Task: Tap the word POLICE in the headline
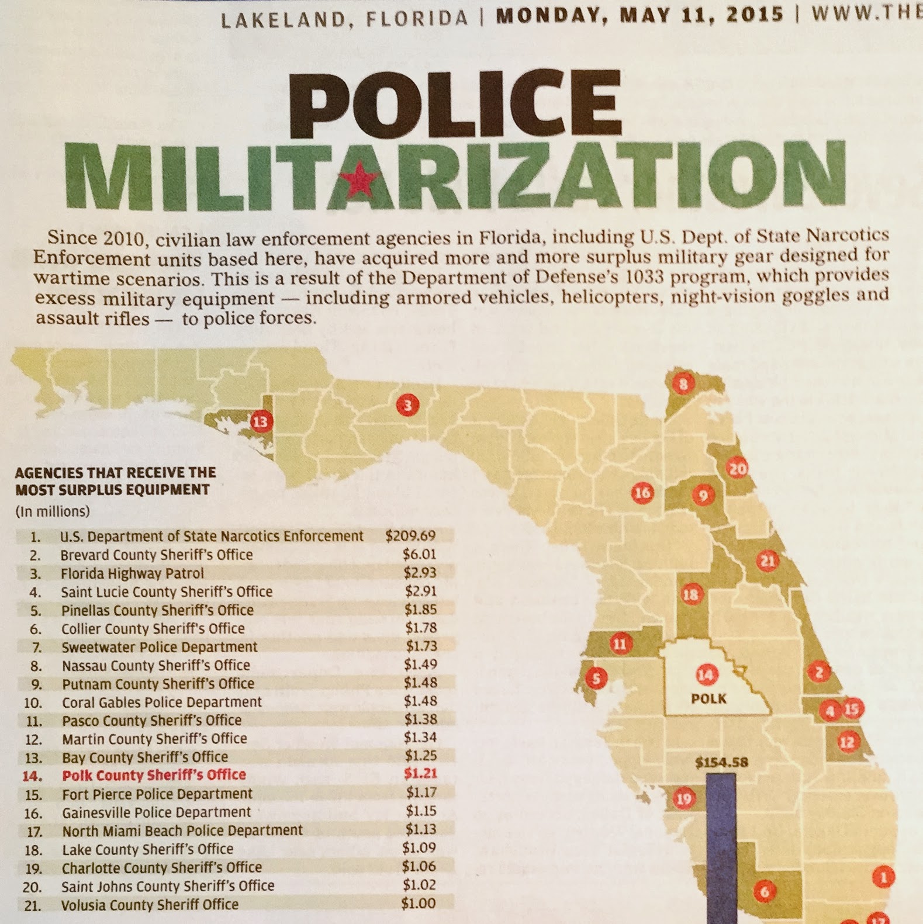[x=455, y=103]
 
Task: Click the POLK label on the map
[x=708, y=698]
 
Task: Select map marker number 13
[x=261, y=421]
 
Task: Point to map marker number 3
[x=407, y=405]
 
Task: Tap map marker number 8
[x=683, y=384]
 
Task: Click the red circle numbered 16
[x=642, y=493]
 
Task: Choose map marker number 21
[x=768, y=561]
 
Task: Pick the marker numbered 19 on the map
[x=683, y=798]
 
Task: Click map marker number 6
[x=764, y=892]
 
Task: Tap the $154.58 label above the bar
[x=721, y=763]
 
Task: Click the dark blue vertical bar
[x=721, y=847]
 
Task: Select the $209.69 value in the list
[x=410, y=535]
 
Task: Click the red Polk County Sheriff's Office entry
[x=154, y=775]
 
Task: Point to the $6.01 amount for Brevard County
[x=419, y=554]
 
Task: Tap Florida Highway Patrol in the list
[x=132, y=573]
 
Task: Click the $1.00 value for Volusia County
[x=418, y=903]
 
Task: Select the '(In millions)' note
[x=53, y=511]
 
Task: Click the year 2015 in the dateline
[x=758, y=15]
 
